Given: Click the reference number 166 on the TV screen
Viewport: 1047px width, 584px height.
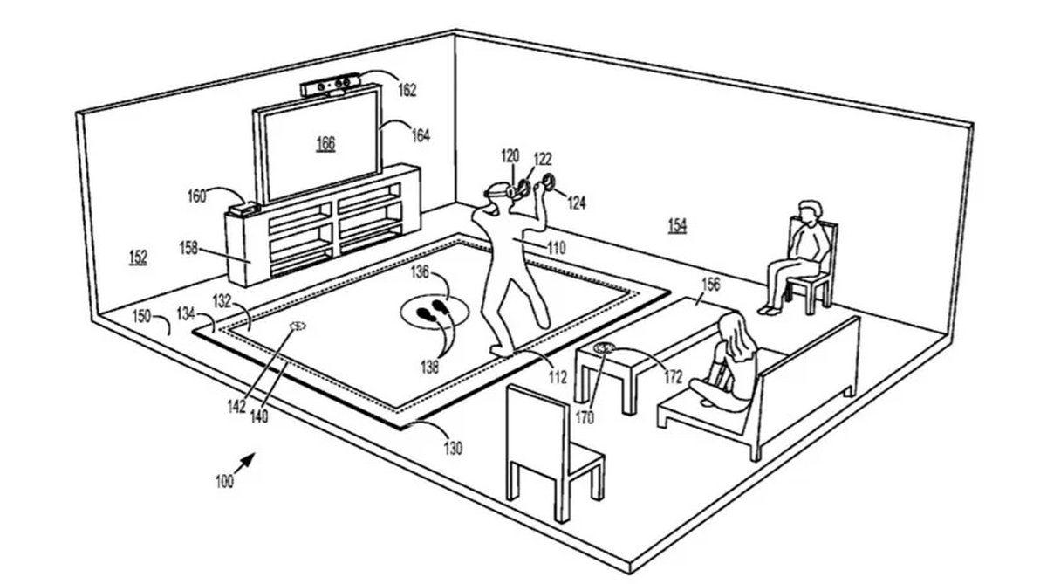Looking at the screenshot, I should click(x=325, y=144).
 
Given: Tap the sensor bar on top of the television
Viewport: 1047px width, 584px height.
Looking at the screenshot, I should click(x=331, y=87).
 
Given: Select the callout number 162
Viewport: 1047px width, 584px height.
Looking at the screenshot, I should click(x=407, y=90).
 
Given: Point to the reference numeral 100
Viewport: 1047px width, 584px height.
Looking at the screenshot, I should click(x=224, y=480).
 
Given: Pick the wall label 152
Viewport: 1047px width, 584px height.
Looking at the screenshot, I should click(x=136, y=258).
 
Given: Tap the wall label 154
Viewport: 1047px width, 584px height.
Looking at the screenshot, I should click(x=677, y=226).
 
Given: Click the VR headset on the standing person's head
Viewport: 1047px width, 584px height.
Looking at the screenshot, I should click(x=495, y=190).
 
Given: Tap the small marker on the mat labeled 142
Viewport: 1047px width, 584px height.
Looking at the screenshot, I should click(x=298, y=326).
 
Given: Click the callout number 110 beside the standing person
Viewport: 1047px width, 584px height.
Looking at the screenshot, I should click(x=556, y=248).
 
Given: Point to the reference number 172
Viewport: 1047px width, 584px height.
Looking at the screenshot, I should click(x=673, y=378).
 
